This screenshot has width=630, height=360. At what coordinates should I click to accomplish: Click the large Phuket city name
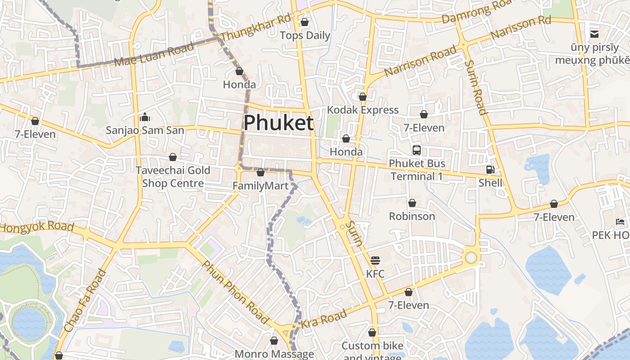coord(279,123)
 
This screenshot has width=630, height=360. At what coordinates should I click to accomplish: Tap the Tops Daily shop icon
coord(305,22)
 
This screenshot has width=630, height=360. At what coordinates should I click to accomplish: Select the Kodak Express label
coord(363,110)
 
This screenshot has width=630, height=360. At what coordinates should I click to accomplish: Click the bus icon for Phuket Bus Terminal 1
coord(417,150)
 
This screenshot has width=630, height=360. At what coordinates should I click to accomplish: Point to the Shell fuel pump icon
coord(490,170)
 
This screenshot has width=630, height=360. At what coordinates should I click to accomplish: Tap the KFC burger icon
coord(375,261)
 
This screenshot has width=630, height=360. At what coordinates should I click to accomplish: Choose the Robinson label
coord(412,216)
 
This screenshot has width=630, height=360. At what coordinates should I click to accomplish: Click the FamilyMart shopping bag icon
coord(260,172)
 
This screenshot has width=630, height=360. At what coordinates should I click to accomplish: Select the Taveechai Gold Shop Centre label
coord(173,177)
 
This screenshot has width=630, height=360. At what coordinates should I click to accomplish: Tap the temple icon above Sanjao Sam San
coord(145,117)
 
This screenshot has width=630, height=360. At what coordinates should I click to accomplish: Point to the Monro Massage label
coord(274,354)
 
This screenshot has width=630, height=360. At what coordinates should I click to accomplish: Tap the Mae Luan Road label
coord(154,54)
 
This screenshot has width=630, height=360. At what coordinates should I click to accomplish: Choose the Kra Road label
coord(324,319)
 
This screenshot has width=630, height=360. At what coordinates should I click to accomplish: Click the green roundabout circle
coord(471,258)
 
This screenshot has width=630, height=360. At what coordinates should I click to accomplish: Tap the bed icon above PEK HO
coord(620,222)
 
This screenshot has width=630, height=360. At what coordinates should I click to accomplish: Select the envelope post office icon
coord(594,34)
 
